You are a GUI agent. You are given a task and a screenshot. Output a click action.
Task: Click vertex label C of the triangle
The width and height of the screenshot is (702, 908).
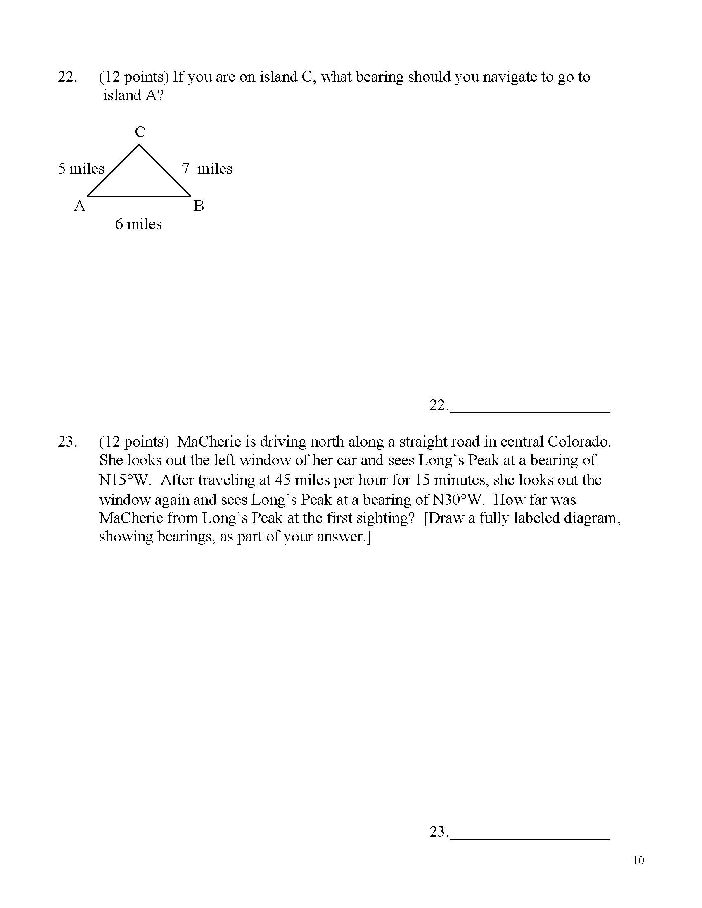click(x=140, y=132)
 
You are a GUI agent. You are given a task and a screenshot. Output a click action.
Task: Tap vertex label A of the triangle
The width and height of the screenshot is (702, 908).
click(x=79, y=206)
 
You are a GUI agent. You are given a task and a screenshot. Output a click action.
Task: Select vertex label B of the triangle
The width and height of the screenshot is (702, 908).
click(x=198, y=206)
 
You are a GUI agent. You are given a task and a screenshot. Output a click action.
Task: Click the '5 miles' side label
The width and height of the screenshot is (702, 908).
click(x=81, y=169)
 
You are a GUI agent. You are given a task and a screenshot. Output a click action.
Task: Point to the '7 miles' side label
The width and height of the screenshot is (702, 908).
click(x=207, y=169)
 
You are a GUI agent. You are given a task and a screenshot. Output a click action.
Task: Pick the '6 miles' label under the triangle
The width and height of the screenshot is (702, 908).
click(x=138, y=224)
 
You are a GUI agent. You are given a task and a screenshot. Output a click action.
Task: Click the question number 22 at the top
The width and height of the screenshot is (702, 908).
click(x=67, y=77)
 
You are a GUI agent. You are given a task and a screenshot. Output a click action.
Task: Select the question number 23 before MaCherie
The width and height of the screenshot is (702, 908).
click(x=67, y=442)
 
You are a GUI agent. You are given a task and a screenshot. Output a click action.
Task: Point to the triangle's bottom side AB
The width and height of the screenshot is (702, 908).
click(x=139, y=195)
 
